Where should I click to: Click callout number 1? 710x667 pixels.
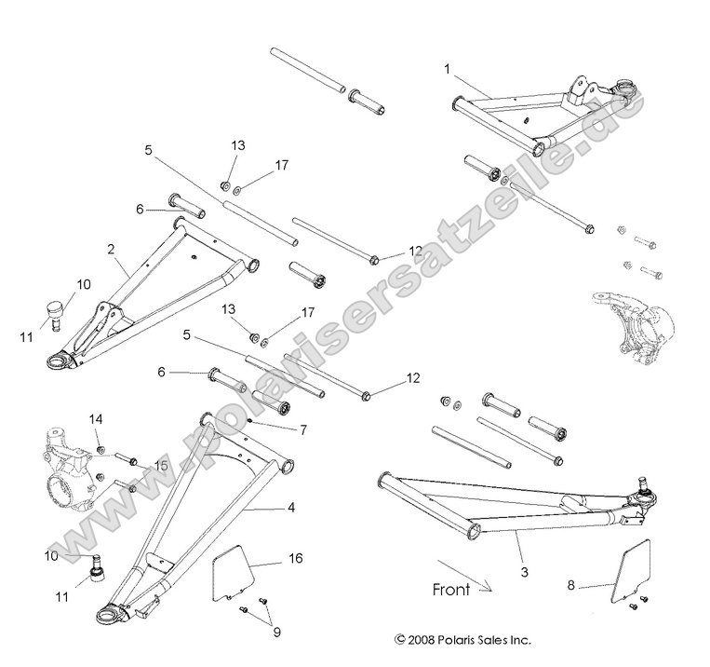(x=448, y=69)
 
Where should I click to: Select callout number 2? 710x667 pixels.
(x=111, y=250)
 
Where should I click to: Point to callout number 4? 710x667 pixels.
(x=290, y=508)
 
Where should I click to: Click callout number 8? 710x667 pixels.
(x=570, y=585)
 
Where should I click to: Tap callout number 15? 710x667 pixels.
(x=161, y=464)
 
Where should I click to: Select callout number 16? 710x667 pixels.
(x=295, y=559)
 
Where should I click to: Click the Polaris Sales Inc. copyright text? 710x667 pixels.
(x=463, y=640)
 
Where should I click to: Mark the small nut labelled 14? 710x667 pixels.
(x=100, y=451)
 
